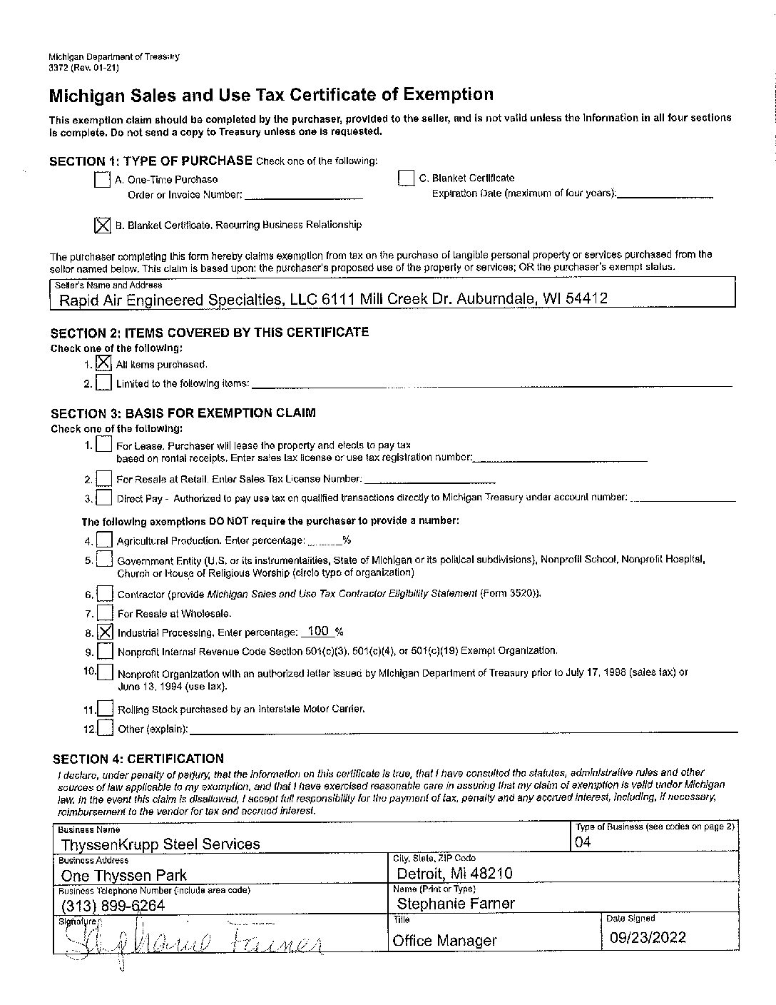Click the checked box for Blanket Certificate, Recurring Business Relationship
(x=102, y=226)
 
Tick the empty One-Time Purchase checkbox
(x=102, y=180)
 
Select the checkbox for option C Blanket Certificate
(x=406, y=178)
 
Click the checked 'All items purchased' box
(x=103, y=364)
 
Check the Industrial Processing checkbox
(x=104, y=632)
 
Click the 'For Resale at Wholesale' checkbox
(x=104, y=613)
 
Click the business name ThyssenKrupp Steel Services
(x=160, y=844)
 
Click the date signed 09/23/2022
(x=648, y=937)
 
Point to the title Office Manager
(x=444, y=941)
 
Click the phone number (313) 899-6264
(x=113, y=906)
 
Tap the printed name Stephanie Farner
(x=455, y=904)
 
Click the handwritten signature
(x=193, y=944)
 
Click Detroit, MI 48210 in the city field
(x=454, y=874)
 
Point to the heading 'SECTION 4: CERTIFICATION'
(x=138, y=759)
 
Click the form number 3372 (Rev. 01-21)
(x=83, y=68)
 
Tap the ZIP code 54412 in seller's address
(x=586, y=298)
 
